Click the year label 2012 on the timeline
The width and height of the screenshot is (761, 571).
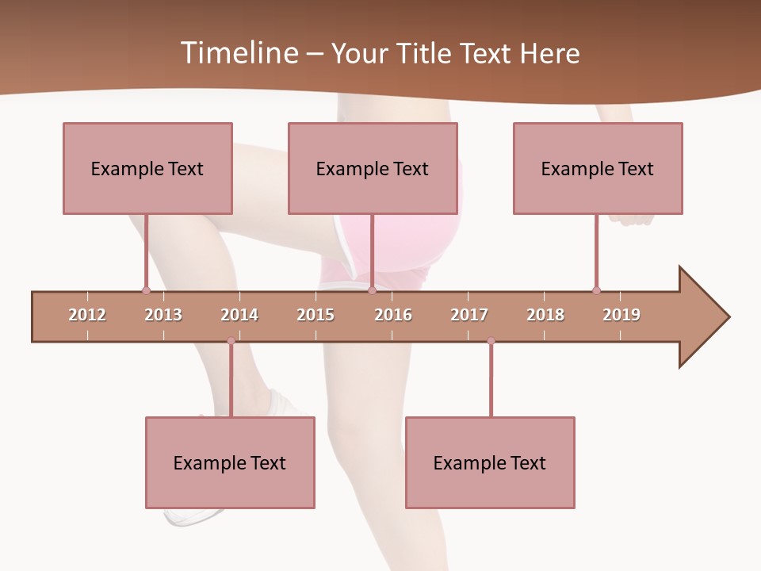click(87, 315)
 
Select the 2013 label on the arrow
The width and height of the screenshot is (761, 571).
click(163, 315)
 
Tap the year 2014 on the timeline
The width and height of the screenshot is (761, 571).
click(239, 315)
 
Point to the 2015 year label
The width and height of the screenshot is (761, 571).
click(315, 315)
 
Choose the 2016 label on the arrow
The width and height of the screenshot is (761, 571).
click(393, 315)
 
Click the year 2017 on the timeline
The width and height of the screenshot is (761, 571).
click(469, 315)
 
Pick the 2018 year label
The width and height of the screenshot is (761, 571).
click(545, 315)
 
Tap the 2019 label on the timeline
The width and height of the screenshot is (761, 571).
click(621, 315)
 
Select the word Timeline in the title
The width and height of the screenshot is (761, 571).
click(238, 53)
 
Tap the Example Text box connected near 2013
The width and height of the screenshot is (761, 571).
click(147, 168)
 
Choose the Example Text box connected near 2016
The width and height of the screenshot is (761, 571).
click(373, 168)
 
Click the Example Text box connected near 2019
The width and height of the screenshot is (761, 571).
click(598, 168)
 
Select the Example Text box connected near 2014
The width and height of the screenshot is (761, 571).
click(230, 462)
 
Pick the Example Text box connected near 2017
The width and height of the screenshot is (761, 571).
click(490, 462)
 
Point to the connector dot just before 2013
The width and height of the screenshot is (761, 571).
click(146, 290)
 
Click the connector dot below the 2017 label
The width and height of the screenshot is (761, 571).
click(491, 341)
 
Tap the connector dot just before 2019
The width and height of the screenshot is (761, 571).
click(596, 290)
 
